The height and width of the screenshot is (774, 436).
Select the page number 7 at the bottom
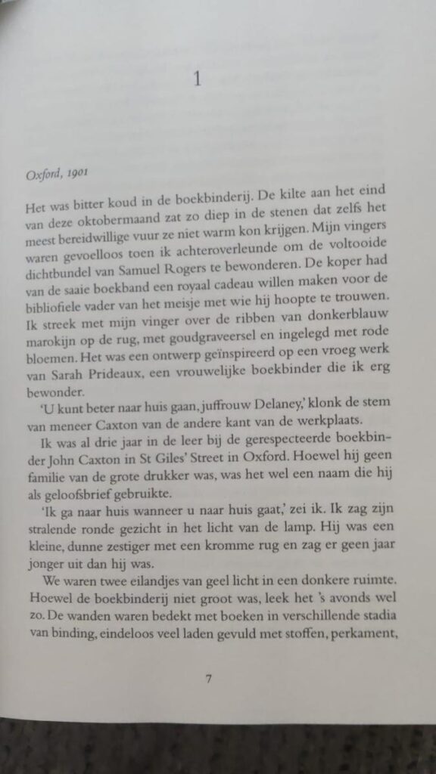coord(209,678)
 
